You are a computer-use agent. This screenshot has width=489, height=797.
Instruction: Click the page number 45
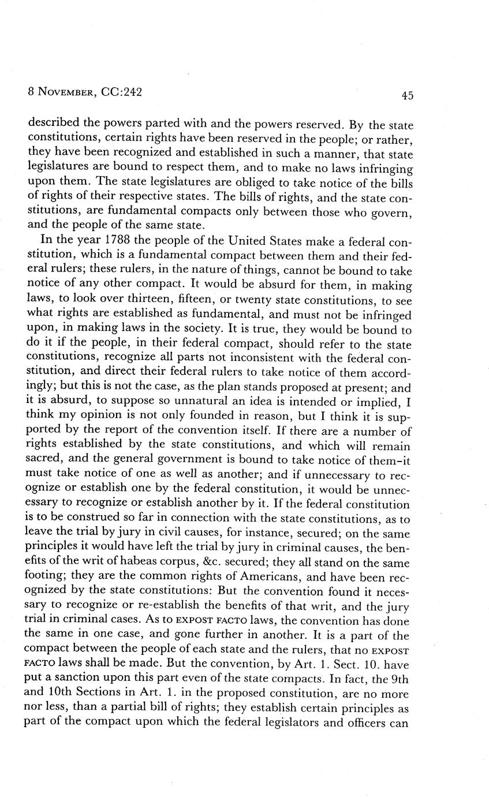pyautogui.click(x=407, y=96)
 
